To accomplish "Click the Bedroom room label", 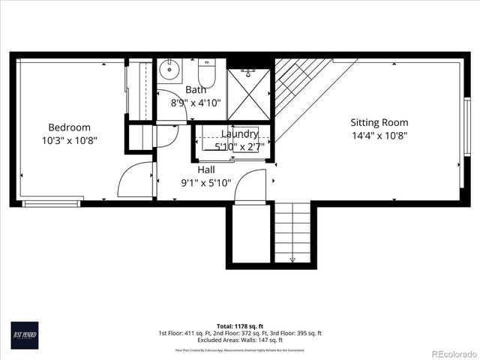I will point(70,127).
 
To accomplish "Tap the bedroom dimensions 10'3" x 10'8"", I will point(70,140).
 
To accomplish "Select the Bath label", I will point(196,90).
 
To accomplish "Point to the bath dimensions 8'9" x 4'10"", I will point(196,103).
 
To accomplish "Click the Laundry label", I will point(239,134).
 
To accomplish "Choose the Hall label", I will point(207,169).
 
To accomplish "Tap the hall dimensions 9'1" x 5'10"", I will point(207,182).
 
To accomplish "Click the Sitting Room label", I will point(379,122).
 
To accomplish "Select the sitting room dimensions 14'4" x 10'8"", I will point(379,136).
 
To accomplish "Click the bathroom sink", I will point(170,71).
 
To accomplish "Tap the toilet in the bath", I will point(207,73).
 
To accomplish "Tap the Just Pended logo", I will point(24,333).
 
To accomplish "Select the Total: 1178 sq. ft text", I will point(239,326).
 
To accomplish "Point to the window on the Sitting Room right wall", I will point(466,117).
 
